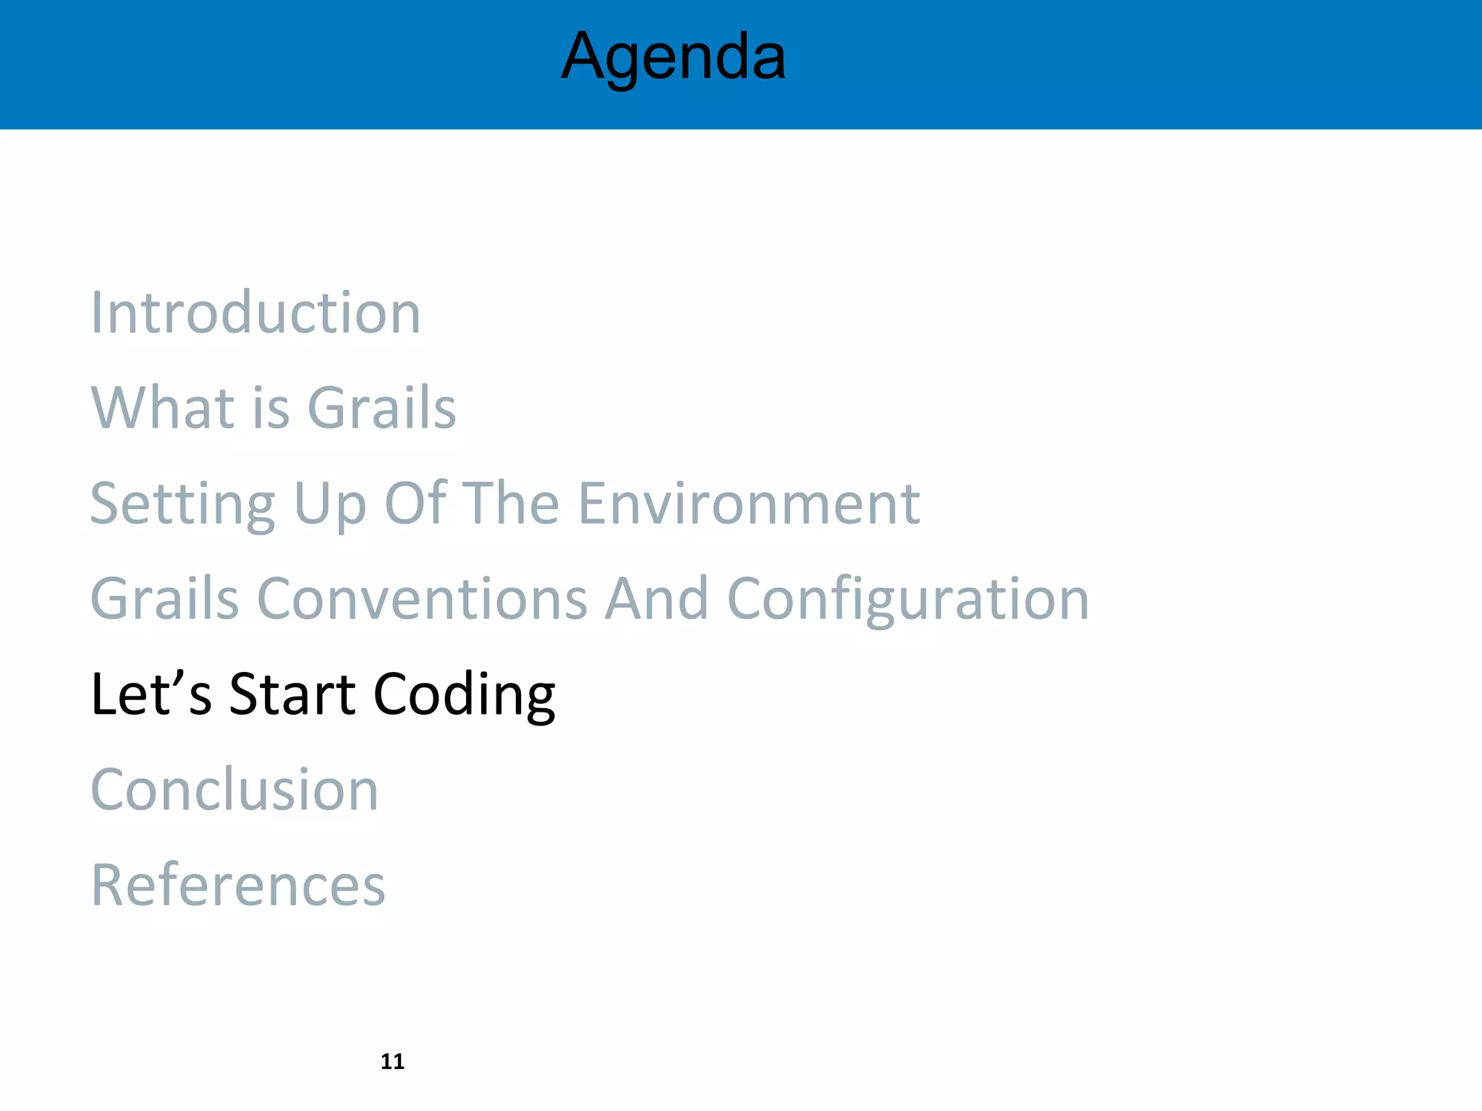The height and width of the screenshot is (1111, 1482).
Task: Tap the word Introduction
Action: tap(255, 312)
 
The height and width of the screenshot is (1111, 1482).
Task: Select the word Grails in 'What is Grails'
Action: tap(381, 408)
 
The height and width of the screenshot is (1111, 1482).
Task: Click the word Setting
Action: tap(182, 504)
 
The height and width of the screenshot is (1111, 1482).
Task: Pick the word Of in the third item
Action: tap(415, 503)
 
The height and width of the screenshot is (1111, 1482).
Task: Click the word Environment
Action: tap(749, 503)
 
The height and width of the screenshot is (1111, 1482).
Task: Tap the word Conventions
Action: tap(422, 599)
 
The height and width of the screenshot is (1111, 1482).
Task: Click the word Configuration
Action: tap(907, 600)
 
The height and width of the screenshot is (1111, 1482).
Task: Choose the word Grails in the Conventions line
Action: tap(164, 599)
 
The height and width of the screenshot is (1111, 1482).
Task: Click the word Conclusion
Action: tap(234, 790)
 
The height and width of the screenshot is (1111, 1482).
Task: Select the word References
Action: tap(238, 885)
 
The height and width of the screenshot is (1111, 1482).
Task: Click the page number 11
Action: tap(392, 1061)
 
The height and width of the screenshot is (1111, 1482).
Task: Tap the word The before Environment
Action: tap(510, 503)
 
